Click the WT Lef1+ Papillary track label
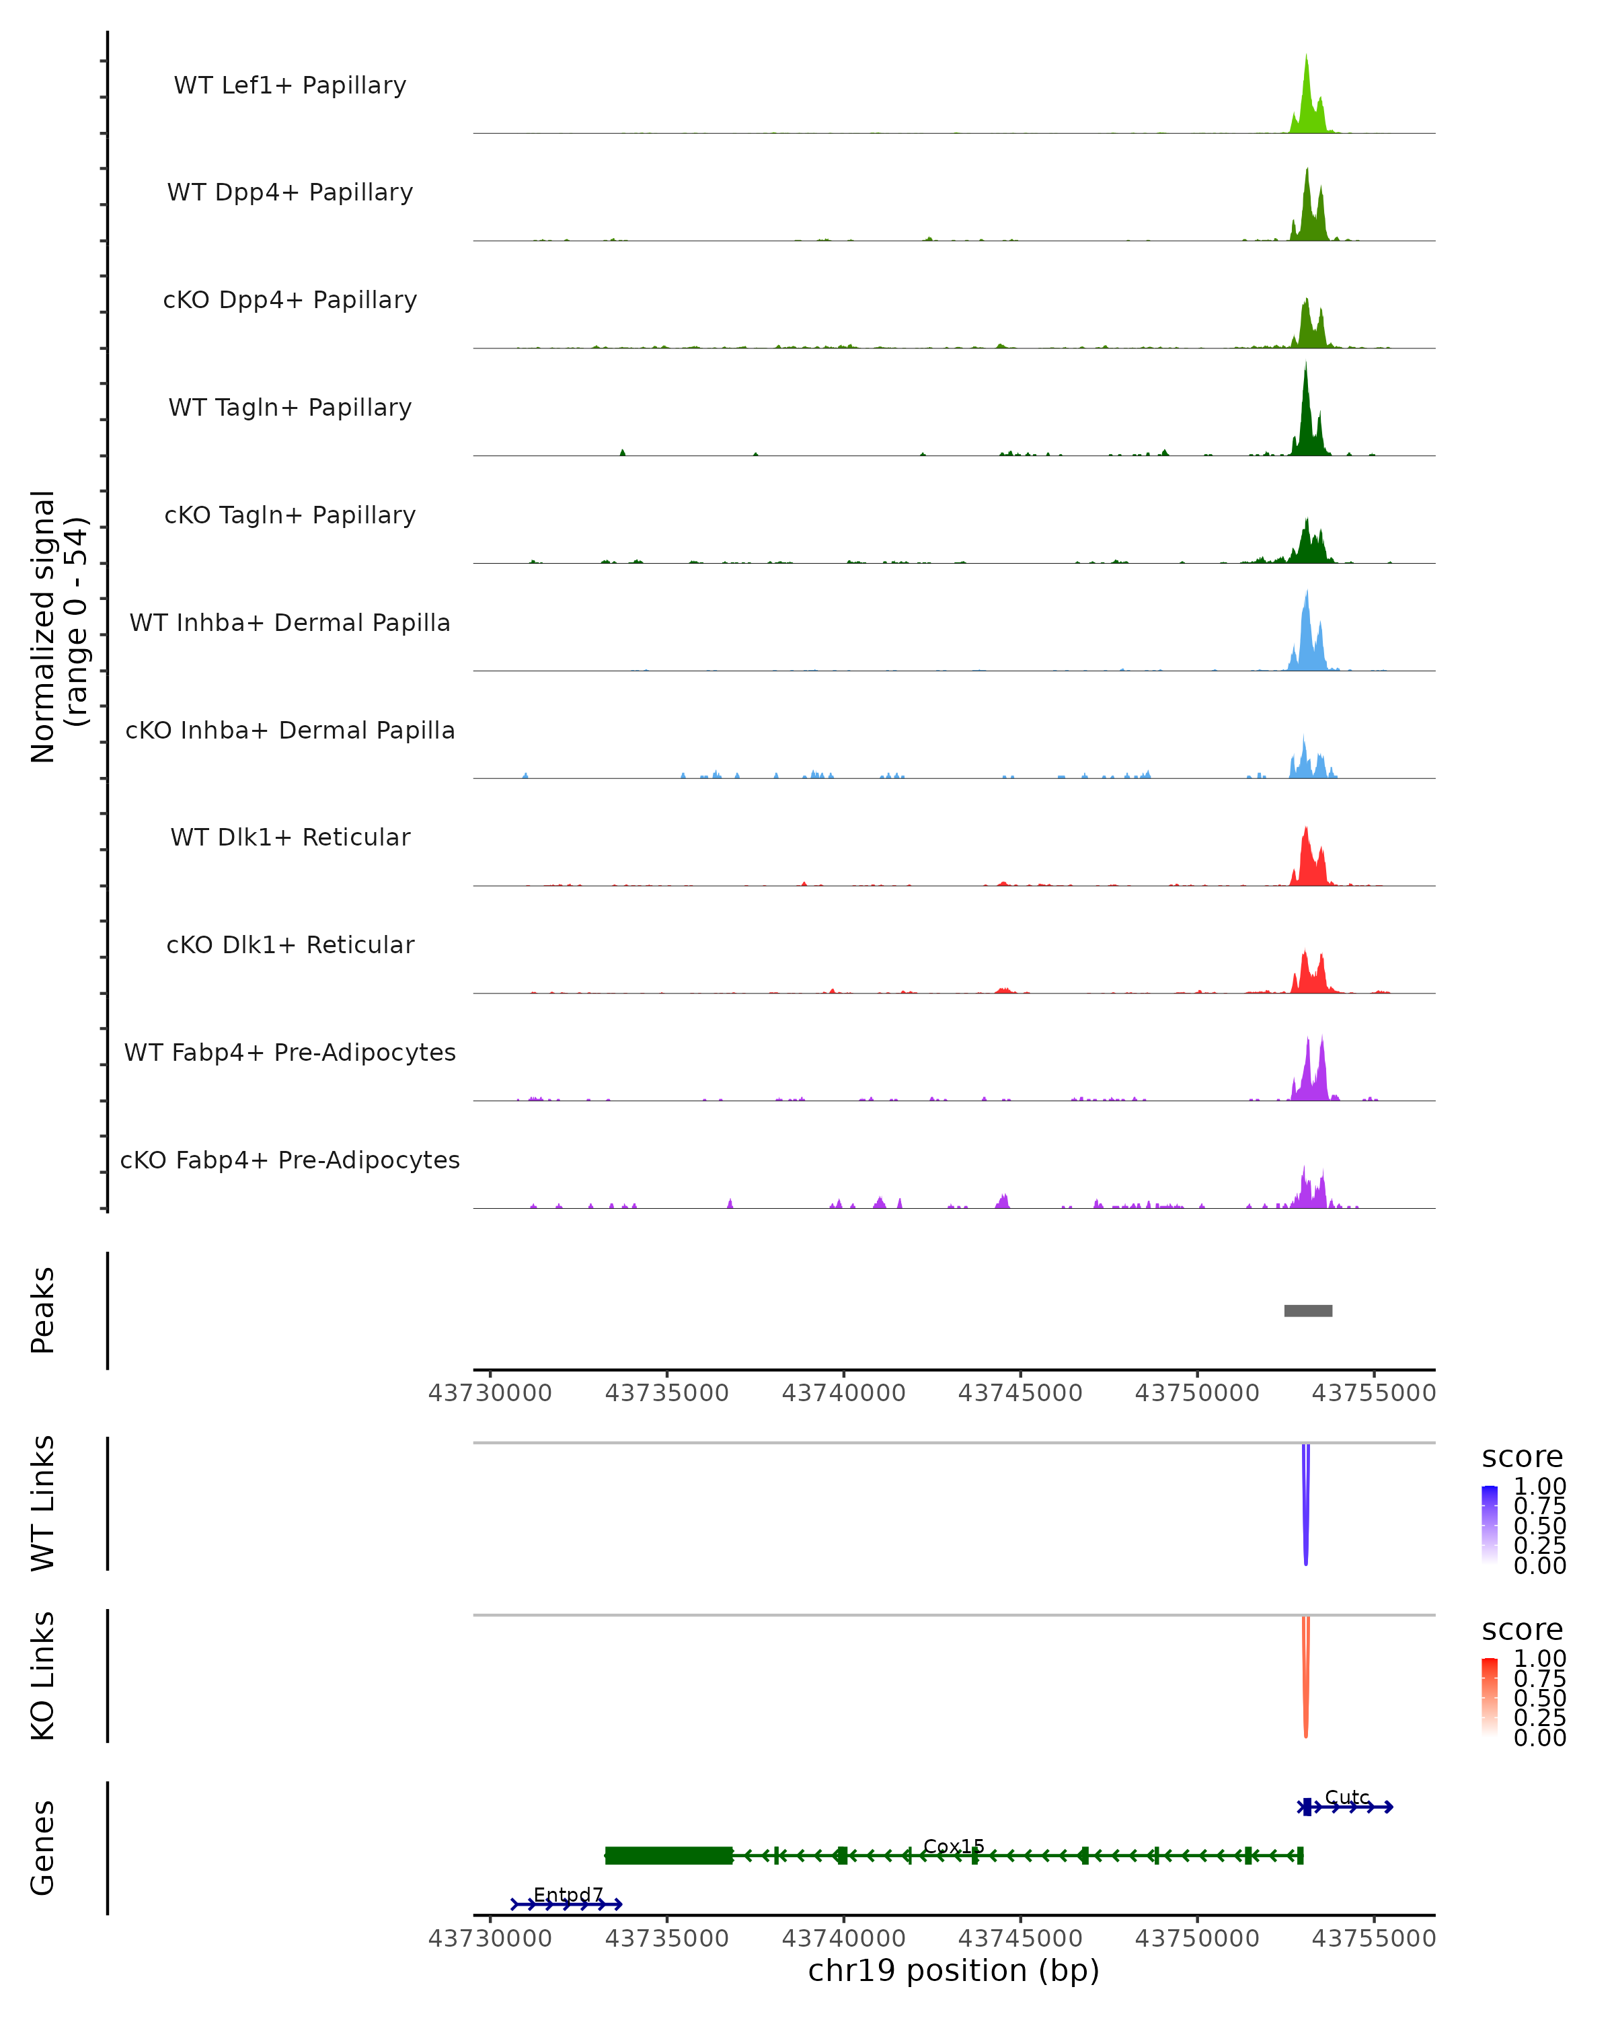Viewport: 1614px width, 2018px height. tap(290, 85)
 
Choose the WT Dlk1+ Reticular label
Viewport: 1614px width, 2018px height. tap(290, 837)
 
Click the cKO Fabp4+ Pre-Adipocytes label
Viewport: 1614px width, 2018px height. tap(290, 1160)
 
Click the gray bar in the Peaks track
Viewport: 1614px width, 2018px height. tap(1307, 1310)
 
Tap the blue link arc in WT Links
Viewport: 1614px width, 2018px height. tap(1305, 1507)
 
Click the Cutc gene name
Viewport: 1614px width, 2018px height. tap(1346, 1797)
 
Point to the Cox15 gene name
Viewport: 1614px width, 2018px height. tap(954, 1846)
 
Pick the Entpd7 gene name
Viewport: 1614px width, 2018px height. tap(568, 1894)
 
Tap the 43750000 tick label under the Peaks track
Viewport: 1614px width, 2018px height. tap(1196, 1393)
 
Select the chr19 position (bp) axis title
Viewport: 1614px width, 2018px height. tap(954, 1970)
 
